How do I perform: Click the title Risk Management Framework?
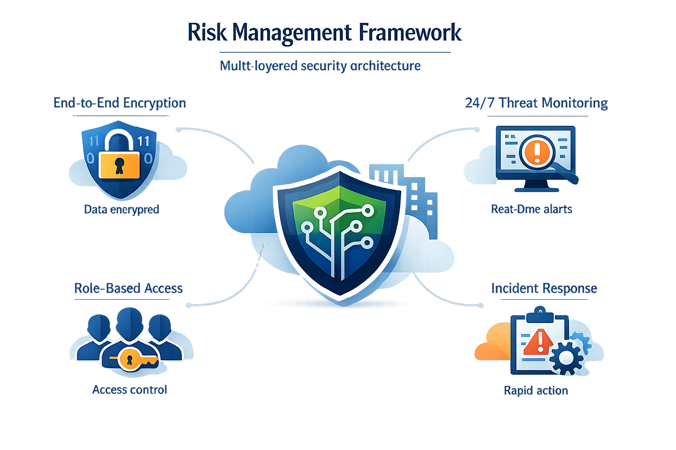324,33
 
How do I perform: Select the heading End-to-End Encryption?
120,103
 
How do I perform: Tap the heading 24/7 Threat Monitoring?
536,103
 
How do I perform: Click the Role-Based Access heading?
128,288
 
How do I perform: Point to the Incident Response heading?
544,288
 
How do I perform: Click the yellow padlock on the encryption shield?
119,164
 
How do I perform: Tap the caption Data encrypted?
121,209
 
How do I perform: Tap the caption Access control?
129,390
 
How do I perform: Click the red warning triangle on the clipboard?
538,342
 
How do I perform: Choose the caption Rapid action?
536,391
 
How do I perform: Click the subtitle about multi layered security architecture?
320,66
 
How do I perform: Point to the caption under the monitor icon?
531,209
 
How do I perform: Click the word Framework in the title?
410,33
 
